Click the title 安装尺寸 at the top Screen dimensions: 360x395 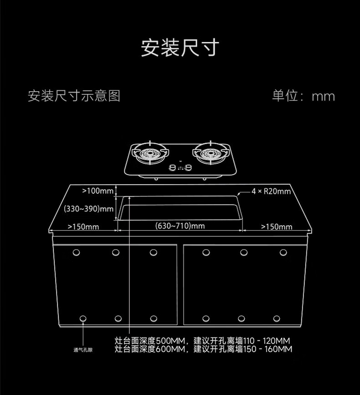[180, 47]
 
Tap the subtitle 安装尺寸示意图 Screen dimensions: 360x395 [74, 96]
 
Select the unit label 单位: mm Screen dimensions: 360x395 [303, 96]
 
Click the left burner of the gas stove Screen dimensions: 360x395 [150, 153]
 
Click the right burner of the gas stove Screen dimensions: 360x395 [211, 153]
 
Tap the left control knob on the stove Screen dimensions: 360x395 [173, 167]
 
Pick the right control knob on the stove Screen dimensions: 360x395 [188, 167]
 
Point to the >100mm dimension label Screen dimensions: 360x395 [98, 191]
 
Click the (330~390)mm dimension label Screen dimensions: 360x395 [88, 209]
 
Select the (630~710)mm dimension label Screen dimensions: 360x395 [180, 225]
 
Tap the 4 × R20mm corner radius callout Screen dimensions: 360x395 [271, 192]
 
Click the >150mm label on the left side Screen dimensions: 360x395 [83, 227]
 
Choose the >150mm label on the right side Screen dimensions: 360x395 [277, 227]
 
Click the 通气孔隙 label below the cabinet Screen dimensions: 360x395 [83, 350]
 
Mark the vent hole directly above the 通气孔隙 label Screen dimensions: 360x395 [83, 319]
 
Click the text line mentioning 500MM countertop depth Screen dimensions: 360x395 [202, 341]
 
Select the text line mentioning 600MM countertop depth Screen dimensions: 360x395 [203, 349]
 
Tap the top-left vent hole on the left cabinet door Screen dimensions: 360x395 [76, 252]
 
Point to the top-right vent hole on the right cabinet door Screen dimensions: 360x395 [283, 252]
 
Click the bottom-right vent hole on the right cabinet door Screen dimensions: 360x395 [277, 319]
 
